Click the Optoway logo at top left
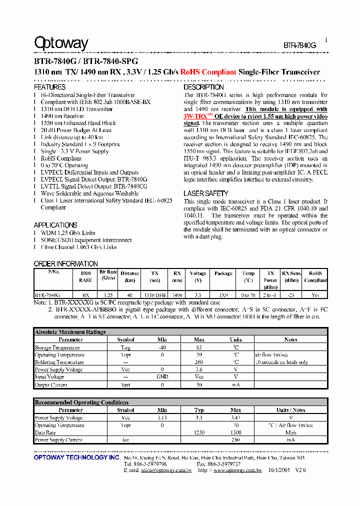pyautogui.click(x=61, y=44)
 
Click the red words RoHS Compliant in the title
pyautogui.click(x=208, y=72)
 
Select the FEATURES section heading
pyautogui.click(x=49, y=87)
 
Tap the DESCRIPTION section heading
pyautogui.click(x=203, y=87)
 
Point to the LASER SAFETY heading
pyautogui.click(x=206, y=193)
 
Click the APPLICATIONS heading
pyautogui.click(x=55, y=225)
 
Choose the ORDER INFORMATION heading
pyautogui.click(x=65, y=263)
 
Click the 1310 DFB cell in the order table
pyautogui.click(x=155, y=295)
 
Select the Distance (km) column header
pyautogui.click(x=129, y=276)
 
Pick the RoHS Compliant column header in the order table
pyautogui.click(x=315, y=276)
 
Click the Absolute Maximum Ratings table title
pyautogui.click(x=70, y=332)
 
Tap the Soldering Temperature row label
pyautogui.click(x=59, y=362)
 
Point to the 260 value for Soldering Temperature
pyautogui.click(x=199, y=362)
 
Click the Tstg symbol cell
pyautogui.click(x=125, y=347)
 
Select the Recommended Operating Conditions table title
pyautogui.click(x=81, y=402)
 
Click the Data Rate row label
pyautogui.click(x=45, y=432)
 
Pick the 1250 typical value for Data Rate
pyautogui.click(x=199, y=432)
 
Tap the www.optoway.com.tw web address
pyautogui.click(x=237, y=470)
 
